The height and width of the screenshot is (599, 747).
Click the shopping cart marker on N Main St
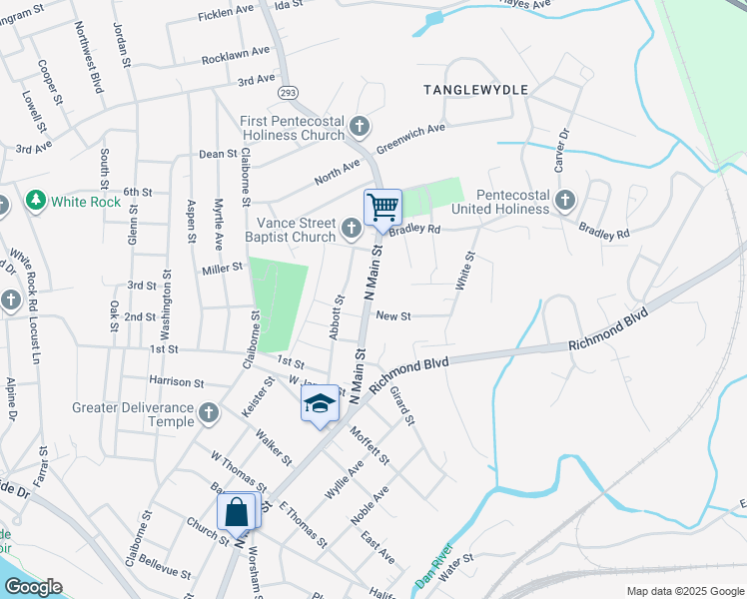pos(382,208)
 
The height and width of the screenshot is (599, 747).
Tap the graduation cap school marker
pos(320,404)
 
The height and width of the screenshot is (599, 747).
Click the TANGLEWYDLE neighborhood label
pos(475,90)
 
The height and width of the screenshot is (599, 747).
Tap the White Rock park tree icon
pos(37,202)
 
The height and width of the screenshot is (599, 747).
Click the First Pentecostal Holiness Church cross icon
pos(360,127)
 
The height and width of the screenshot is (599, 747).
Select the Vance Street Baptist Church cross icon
pos(351,230)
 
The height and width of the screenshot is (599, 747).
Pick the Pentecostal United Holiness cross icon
pos(564,201)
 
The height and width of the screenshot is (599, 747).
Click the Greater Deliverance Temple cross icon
pos(209,413)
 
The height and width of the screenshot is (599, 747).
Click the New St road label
pos(393,316)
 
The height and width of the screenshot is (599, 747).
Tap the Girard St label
pos(401,404)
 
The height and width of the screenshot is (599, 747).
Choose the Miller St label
pos(223,268)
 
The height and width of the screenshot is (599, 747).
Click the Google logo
pos(32,587)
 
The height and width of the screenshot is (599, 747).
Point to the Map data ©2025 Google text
pos(684,591)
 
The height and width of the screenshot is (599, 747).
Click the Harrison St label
pos(176,381)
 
